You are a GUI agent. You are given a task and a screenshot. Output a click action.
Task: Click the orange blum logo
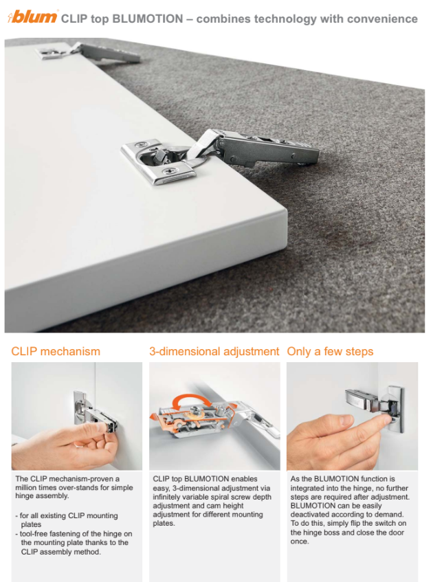pos(32,16)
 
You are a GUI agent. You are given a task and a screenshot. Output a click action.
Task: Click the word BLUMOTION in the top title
pos(147,19)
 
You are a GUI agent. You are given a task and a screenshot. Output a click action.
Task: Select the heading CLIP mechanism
pos(56,351)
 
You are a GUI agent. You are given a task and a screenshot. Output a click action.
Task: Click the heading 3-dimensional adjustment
pos(214,351)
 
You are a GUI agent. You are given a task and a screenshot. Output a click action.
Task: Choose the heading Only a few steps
pos(330,351)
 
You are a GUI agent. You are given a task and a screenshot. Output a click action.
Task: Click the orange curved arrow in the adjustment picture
pos(192,401)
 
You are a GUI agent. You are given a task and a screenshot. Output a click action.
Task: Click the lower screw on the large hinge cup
pos(170,171)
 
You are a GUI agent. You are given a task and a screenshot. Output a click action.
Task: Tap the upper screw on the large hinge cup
pos(140,145)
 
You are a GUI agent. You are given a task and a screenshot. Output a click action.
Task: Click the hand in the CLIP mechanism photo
pos(66,447)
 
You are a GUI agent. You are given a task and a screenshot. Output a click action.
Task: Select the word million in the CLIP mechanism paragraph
pos(27,487)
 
